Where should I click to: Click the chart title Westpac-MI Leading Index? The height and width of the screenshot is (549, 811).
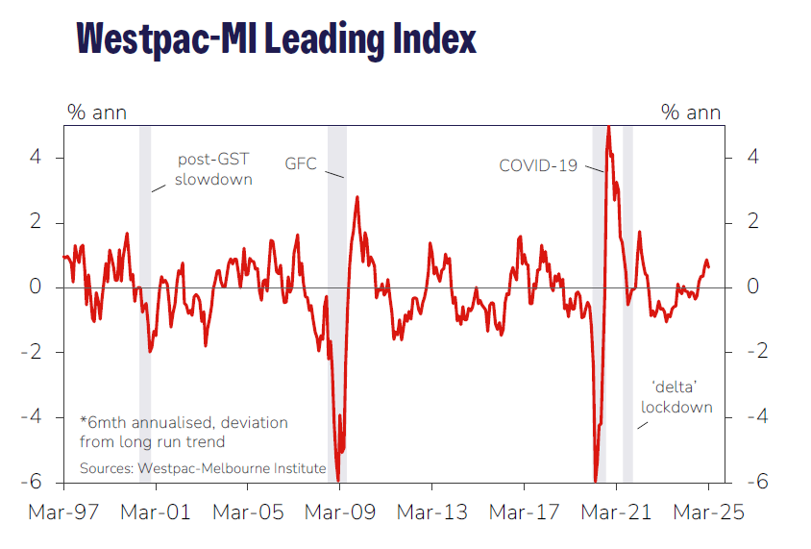coord(277,38)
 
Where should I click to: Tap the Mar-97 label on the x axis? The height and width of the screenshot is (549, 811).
coord(62,512)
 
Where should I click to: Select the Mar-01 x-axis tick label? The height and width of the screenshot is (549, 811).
coord(156,512)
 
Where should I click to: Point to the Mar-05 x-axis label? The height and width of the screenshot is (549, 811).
coord(248,512)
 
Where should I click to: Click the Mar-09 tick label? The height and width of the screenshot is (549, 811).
coord(340,512)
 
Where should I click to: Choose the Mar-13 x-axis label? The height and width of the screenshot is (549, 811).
coord(432,512)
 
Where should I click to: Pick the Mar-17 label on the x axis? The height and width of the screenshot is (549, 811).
coord(525,512)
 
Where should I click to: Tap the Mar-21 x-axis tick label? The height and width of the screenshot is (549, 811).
coord(617,512)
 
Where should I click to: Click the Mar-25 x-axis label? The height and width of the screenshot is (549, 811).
coord(708,512)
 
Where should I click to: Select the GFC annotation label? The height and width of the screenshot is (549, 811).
coord(301,162)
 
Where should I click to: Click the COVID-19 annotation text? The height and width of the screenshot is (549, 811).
coord(538,165)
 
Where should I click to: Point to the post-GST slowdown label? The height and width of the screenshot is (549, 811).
coord(214,169)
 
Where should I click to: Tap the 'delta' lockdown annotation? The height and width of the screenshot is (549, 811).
coord(677,396)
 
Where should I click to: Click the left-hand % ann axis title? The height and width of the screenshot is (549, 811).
coord(96,112)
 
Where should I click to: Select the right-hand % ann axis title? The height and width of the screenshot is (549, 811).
coord(691,112)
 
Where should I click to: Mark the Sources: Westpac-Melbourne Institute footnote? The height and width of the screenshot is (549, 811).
coord(204,468)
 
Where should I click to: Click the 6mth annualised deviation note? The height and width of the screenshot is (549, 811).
coord(184,432)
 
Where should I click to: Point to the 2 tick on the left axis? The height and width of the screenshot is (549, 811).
coord(36,223)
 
